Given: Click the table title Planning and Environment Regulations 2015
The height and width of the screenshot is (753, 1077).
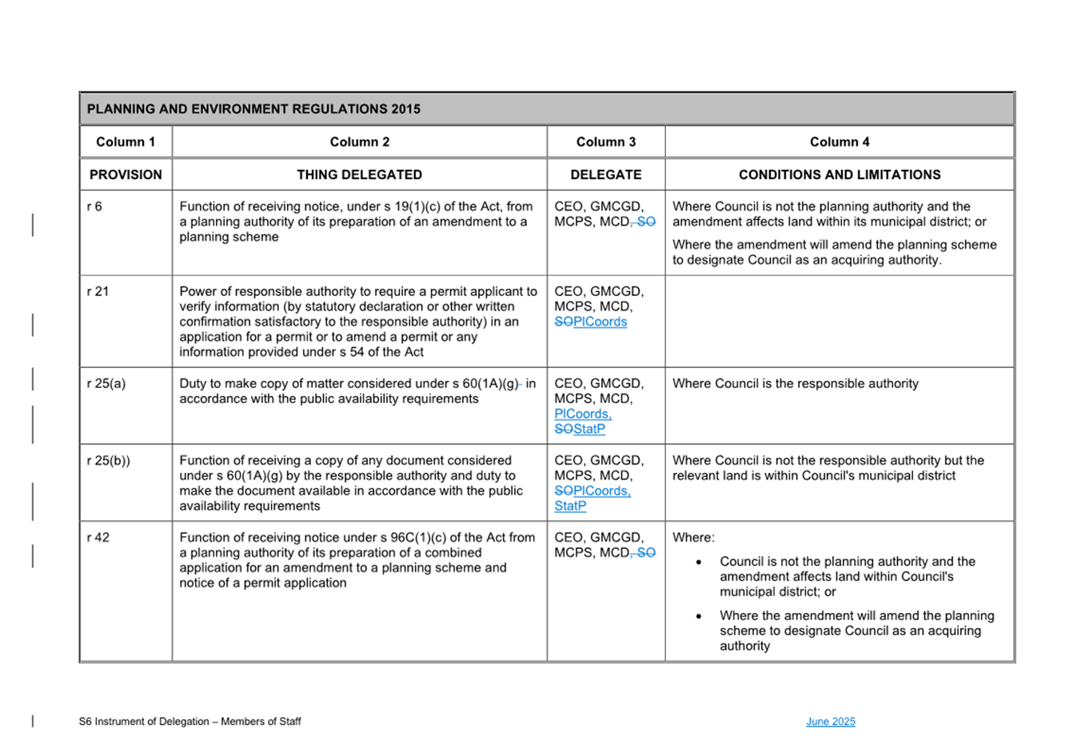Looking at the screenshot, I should tap(253, 109).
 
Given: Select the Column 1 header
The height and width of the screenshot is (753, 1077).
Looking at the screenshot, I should tap(126, 142).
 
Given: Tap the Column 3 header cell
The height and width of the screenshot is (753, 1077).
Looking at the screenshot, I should tap(605, 142).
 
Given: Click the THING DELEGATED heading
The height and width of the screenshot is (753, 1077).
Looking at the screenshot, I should tap(359, 174).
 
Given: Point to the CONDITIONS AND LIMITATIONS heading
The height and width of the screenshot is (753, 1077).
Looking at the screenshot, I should tap(839, 174).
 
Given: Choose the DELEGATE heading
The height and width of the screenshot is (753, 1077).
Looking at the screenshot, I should tap(605, 174).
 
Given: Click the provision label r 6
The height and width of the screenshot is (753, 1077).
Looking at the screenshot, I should tap(94, 206).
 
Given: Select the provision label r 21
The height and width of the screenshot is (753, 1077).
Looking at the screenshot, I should tap(98, 291).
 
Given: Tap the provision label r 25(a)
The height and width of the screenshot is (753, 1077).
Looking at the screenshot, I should tap(106, 383).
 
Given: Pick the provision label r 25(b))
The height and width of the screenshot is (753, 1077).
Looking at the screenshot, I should tap(109, 460).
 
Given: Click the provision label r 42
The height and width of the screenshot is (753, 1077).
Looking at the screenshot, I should tap(98, 537).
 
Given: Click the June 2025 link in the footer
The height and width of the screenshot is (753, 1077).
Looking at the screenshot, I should tap(830, 722).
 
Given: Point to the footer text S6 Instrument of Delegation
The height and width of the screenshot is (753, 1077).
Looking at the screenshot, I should tap(189, 722).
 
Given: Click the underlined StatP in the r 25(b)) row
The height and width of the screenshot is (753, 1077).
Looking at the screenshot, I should tap(570, 506).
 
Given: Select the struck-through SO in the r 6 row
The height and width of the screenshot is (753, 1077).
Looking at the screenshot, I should tap(646, 222).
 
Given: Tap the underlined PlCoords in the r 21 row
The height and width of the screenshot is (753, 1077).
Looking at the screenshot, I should tap(600, 322).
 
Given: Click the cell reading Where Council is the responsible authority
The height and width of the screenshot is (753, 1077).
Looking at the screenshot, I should tap(795, 383).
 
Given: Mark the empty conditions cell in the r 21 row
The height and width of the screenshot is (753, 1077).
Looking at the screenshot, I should tap(839, 321).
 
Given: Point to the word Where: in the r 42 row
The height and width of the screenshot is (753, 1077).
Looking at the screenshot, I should tap(693, 537).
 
